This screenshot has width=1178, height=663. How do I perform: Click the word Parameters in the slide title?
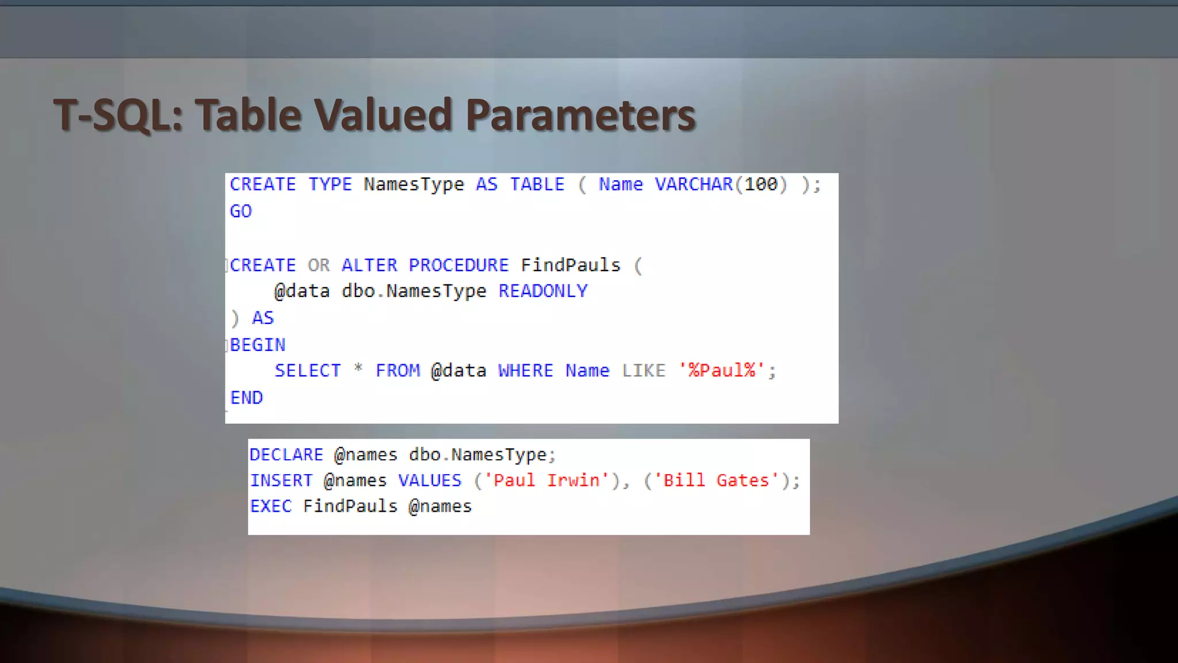(x=580, y=115)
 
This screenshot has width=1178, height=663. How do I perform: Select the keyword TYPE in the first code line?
(x=330, y=184)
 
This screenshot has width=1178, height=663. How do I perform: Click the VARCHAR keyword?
(x=694, y=184)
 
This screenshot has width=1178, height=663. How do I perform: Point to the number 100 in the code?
(x=760, y=184)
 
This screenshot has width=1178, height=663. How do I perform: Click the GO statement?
(x=240, y=211)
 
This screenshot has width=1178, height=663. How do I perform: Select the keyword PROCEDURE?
(x=458, y=265)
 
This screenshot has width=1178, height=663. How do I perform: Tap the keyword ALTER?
(x=369, y=265)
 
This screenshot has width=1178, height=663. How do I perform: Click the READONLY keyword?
(x=543, y=291)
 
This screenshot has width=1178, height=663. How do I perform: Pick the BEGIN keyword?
(x=258, y=345)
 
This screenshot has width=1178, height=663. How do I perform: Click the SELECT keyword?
(x=308, y=371)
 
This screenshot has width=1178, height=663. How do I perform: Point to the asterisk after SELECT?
(x=358, y=368)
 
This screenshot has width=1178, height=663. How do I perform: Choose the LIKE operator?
(x=644, y=371)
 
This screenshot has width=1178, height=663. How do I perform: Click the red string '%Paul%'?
(x=722, y=371)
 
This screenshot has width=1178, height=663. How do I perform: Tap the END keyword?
(x=246, y=398)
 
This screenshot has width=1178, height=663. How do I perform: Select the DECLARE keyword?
(x=286, y=455)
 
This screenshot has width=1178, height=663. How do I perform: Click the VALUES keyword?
(x=430, y=481)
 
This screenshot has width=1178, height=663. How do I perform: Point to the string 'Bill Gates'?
(x=717, y=481)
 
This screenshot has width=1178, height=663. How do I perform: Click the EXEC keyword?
(x=270, y=506)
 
